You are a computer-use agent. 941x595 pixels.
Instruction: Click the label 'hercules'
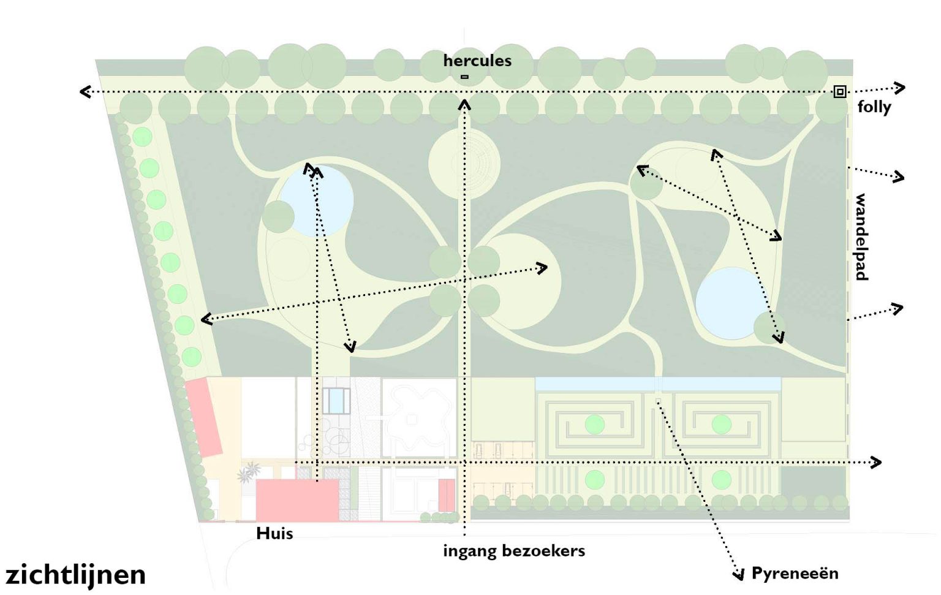pos(477,61)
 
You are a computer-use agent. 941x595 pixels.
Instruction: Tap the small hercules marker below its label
pos(464,77)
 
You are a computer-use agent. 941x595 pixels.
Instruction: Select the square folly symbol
pos(839,92)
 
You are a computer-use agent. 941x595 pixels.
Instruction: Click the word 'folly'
pos(874,107)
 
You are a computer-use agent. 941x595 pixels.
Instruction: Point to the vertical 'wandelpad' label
pos(861,237)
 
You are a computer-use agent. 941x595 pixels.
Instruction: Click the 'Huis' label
pos(274,533)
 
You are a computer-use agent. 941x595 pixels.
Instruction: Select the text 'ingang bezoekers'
pos(514,551)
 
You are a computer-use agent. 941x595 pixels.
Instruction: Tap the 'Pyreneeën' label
pos(795,574)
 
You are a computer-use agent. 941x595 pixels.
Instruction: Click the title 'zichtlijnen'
pos(76,575)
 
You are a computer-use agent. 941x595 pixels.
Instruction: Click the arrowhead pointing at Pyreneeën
pos(739,574)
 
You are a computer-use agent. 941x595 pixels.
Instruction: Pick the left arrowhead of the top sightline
pos(86,92)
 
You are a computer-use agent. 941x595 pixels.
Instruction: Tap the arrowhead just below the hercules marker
pos(464,105)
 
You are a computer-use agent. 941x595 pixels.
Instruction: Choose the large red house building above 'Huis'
pos(297,500)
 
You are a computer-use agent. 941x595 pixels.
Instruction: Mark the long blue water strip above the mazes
pos(657,384)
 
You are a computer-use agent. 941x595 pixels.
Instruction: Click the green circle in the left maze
pos(594,424)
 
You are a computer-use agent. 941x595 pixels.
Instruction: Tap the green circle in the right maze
pos(721,424)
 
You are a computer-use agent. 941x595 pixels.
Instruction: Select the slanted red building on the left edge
pos(204,417)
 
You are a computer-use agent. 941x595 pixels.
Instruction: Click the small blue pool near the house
pos(336,401)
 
